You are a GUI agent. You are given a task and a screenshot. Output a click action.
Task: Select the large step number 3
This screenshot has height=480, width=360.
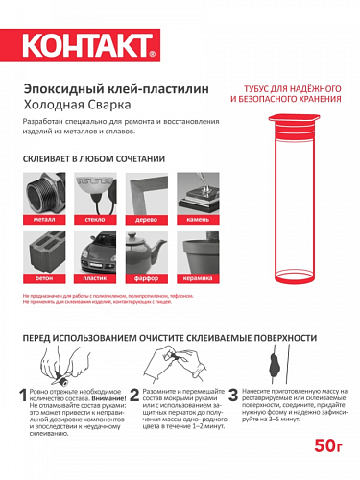pos(234,397)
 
